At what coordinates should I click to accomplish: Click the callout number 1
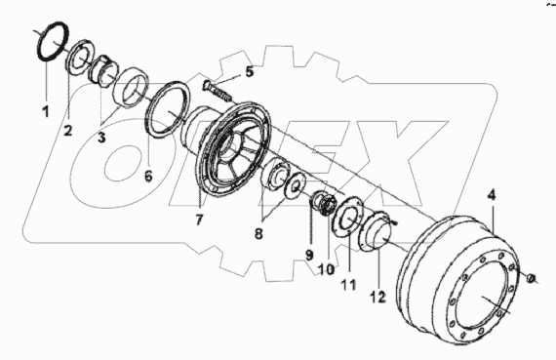click(x=46, y=112)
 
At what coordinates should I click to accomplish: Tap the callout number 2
click(x=68, y=130)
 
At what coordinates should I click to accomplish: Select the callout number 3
click(x=101, y=137)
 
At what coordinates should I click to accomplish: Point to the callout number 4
click(x=492, y=195)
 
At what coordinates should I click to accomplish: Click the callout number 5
click(x=250, y=71)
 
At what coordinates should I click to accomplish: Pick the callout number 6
click(x=148, y=176)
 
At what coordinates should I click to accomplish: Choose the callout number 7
click(x=199, y=220)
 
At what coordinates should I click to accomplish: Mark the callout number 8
click(x=258, y=233)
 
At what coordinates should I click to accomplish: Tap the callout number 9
click(x=309, y=255)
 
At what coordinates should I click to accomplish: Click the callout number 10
click(x=327, y=269)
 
